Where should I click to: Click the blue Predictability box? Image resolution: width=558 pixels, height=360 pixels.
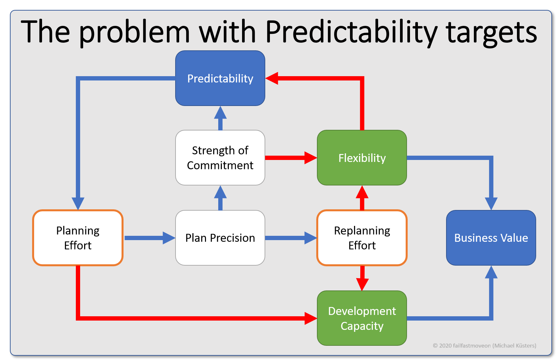(x=220, y=78)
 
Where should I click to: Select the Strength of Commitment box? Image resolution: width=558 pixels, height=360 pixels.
(x=220, y=158)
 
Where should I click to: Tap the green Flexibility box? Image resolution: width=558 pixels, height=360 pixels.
(x=362, y=158)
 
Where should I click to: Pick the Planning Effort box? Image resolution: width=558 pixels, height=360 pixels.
(x=78, y=238)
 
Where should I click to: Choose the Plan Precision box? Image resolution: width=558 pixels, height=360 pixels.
(x=220, y=238)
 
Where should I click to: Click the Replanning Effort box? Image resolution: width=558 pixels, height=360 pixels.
(x=362, y=238)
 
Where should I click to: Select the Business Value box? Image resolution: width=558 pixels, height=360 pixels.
(x=491, y=238)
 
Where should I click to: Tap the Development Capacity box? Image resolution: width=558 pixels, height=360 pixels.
(x=362, y=318)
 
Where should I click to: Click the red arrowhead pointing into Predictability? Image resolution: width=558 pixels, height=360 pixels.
(x=272, y=78)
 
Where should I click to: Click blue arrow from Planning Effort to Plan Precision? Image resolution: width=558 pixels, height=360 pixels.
(x=149, y=238)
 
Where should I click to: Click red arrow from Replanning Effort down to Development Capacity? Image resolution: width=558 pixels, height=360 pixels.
(x=362, y=278)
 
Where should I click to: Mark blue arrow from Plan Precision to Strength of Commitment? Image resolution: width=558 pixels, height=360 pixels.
(x=220, y=198)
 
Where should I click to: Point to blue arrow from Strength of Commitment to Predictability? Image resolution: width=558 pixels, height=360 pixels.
(x=220, y=118)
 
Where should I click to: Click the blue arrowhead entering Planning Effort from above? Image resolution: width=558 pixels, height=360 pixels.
(x=78, y=203)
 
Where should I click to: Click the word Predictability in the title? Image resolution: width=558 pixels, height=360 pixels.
(x=351, y=32)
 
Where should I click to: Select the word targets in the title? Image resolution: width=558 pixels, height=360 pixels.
(x=491, y=32)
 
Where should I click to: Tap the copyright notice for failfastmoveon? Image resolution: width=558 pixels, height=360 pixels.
(x=484, y=345)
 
